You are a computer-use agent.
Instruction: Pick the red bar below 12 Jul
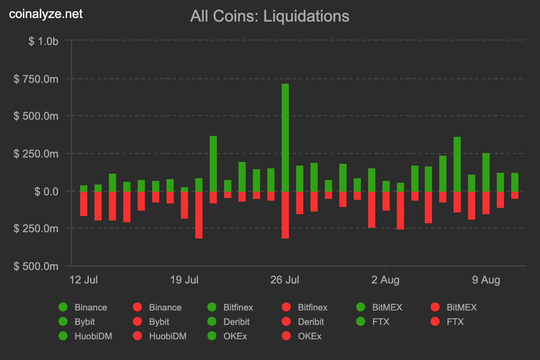pyautogui.click(x=84, y=203)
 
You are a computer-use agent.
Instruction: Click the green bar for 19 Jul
pyautogui.click(x=184, y=189)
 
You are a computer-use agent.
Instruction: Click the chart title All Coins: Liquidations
pyautogui.click(x=270, y=16)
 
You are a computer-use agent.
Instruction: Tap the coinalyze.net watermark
pyautogui.click(x=46, y=14)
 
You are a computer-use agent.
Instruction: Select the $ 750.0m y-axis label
pyautogui.click(x=36, y=79)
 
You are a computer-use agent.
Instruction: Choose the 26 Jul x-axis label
pyautogui.click(x=285, y=280)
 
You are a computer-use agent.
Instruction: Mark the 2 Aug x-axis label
pyautogui.click(x=386, y=280)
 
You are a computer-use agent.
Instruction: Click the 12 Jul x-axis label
pyautogui.click(x=84, y=280)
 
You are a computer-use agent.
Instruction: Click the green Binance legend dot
pyautogui.click(x=63, y=307)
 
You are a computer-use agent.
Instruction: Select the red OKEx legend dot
pyautogui.click(x=286, y=336)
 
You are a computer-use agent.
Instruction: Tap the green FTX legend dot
pyautogui.click(x=360, y=322)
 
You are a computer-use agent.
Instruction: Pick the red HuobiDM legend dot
pyautogui.click(x=137, y=336)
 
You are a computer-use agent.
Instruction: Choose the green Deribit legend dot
pyautogui.click(x=211, y=322)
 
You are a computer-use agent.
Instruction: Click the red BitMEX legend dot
pyautogui.click(x=435, y=307)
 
